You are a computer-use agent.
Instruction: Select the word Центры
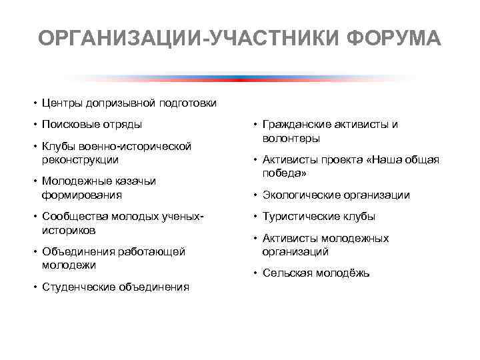pyautogui.click(x=61, y=103)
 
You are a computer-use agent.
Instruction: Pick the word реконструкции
pyautogui.click(x=80, y=160)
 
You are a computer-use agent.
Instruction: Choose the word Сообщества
pyautogui.click(x=73, y=217)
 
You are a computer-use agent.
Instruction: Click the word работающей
pyautogui.click(x=151, y=252)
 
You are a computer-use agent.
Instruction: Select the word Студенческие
pyautogui.click(x=79, y=287)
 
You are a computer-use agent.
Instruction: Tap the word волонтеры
pyautogui.click(x=291, y=139)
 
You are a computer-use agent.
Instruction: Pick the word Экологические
pyautogui.click(x=301, y=195)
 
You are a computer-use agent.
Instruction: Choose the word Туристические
pyautogui.click(x=301, y=217)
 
